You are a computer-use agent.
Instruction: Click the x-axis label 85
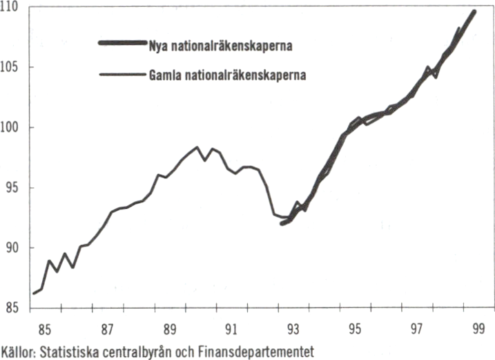[43, 329]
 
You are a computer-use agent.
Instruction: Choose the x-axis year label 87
[106, 329]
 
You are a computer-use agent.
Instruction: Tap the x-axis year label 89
[169, 329]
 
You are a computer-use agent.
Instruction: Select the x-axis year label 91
[232, 329]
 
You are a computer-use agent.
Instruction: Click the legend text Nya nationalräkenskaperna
[221, 47]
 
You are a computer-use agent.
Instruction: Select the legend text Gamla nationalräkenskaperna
[227, 74]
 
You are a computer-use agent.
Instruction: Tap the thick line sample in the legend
[122, 44]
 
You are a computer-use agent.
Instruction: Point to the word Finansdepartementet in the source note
[257, 351]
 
